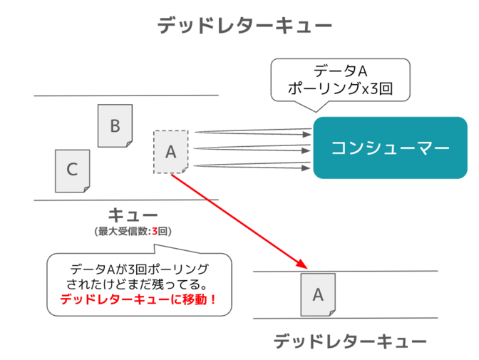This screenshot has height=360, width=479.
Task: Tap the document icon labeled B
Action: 114,125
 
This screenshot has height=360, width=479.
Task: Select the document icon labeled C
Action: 72,170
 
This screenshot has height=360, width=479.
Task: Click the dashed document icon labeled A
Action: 170,152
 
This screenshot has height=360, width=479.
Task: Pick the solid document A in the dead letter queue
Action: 318,294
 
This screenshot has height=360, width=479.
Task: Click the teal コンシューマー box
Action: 390,148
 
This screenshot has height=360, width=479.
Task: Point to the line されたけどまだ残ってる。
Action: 140,284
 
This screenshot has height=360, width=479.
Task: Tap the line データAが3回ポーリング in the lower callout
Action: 140,269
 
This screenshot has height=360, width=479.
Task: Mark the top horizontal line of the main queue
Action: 125,96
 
